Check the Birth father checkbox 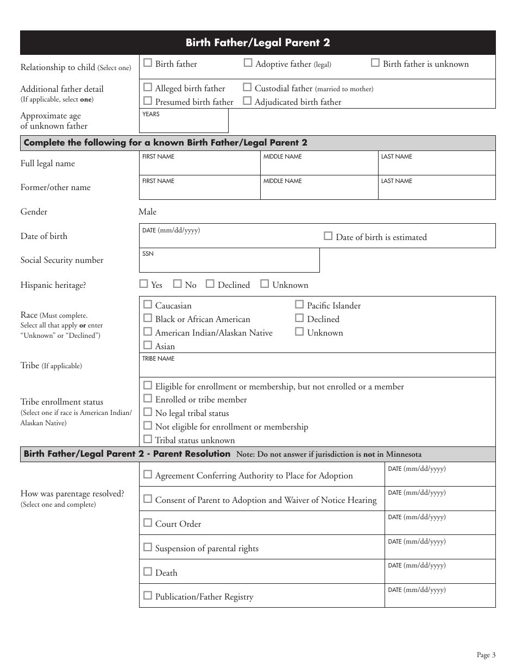148,63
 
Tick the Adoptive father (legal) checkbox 248,63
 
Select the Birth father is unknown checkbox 375,63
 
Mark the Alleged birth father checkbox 148,87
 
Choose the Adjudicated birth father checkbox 247,100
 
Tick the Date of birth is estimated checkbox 328,236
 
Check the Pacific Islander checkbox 299,305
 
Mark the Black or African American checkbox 148,318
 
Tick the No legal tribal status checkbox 148,412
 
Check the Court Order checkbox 148,523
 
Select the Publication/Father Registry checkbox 148,596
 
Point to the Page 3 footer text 486,655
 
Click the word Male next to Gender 148,212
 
